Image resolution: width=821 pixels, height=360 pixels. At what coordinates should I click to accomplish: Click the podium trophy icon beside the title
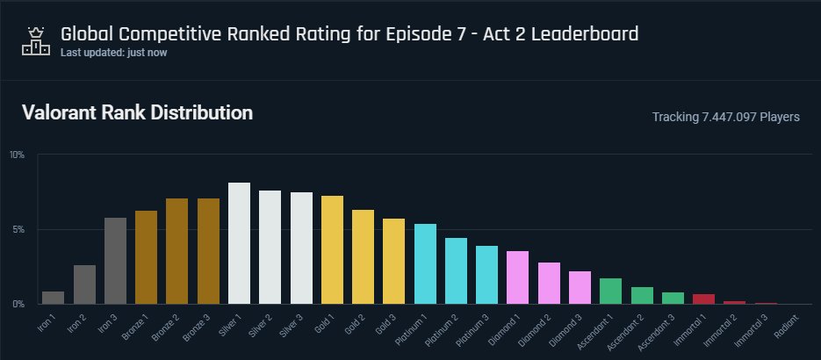[x=36, y=40]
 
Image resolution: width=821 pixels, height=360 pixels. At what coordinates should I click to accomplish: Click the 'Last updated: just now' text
[x=113, y=53]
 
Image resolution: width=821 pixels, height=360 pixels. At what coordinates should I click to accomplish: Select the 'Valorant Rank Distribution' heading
[x=137, y=113]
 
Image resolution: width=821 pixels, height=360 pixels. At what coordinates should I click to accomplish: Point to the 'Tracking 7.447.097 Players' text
[x=725, y=117]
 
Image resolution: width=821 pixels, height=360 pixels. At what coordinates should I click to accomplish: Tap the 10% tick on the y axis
[x=17, y=155]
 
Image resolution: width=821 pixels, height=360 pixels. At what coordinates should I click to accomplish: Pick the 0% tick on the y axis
[x=18, y=305]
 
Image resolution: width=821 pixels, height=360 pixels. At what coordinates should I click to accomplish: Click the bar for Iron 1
[x=53, y=298]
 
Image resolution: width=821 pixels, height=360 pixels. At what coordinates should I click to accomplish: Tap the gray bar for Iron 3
[x=115, y=261]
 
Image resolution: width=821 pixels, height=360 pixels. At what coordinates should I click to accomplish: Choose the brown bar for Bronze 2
[x=177, y=251]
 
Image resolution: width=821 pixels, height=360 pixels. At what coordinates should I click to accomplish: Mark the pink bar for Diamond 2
[x=549, y=283]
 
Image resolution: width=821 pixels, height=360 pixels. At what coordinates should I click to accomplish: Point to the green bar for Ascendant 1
[x=611, y=291]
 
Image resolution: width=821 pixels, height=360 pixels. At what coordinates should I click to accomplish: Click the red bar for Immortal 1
[x=703, y=299]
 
